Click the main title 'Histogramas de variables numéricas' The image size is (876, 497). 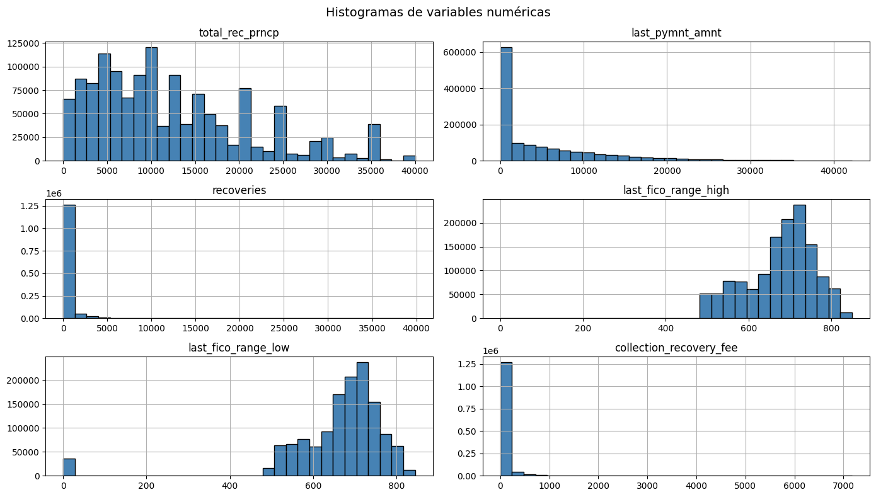pyautogui.click(x=437, y=12)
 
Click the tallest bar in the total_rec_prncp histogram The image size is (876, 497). pyautogui.click(x=151, y=104)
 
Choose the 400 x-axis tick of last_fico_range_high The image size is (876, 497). pyautogui.click(x=666, y=329)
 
